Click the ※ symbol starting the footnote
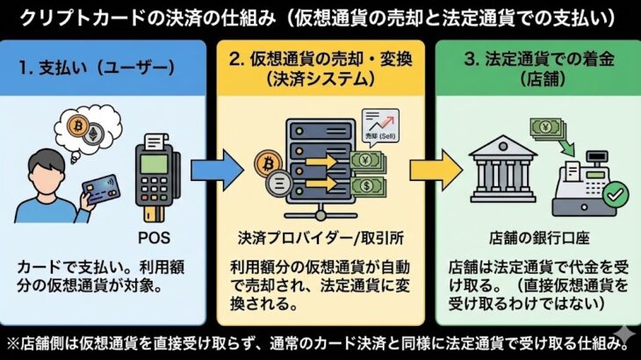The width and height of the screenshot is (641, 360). (12, 342)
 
